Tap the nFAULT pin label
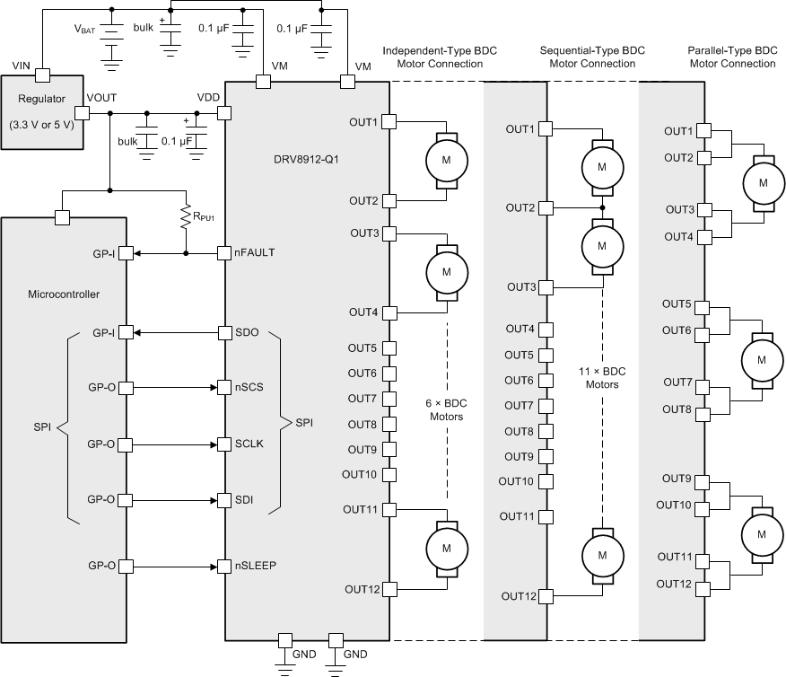pyautogui.click(x=254, y=254)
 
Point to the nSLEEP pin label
pyautogui.click(x=255, y=567)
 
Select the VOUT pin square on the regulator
pyautogui.click(x=82, y=113)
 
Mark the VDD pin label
pyautogui.click(x=208, y=97)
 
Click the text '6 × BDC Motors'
pyautogui.click(x=445, y=409)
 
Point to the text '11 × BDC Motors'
pyautogui.click(x=602, y=377)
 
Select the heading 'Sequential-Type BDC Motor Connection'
pyautogui.click(x=592, y=57)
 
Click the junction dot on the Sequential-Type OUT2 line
pyautogui.click(x=602, y=207)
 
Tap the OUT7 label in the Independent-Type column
pyautogui.click(x=363, y=399)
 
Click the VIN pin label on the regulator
pyautogui.click(x=22, y=66)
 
